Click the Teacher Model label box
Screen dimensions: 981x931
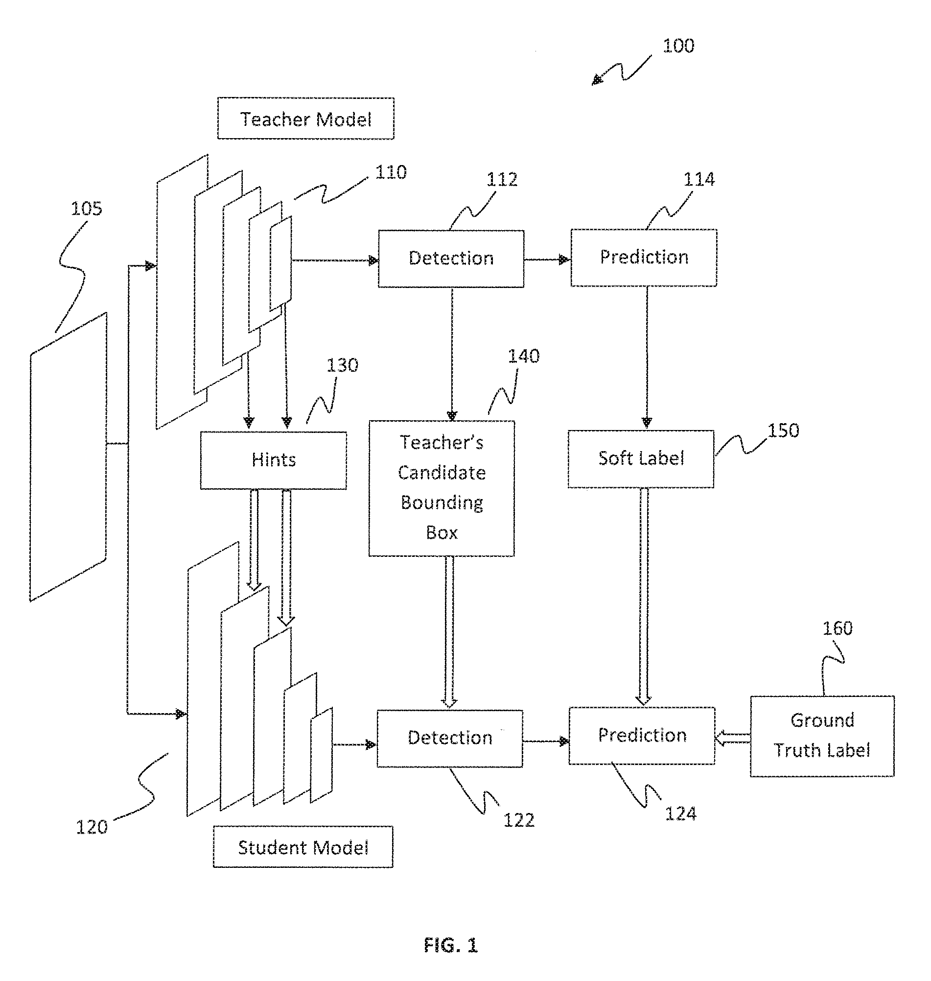pyautogui.click(x=306, y=119)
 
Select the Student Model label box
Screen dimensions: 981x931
pyautogui.click(x=303, y=847)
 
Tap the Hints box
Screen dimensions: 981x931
pyautogui.click(x=274, y=460)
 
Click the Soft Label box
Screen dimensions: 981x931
pyautogui.click(x=641, y=458)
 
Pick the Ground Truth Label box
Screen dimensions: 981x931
pyautogui.click(x=822, y=736)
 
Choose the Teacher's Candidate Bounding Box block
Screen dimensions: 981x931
pyautogui.click(x=441, y=488)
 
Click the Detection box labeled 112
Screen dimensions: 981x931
pyautogui.click(x=451, y=258)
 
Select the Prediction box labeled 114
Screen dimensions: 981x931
pyautogui.click(x=644, y=257)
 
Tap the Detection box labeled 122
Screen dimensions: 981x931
pyautogui.click(x=450, y=738)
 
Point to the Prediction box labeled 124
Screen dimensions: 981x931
pyautogui.click(x=642, y=735)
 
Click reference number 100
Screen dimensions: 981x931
pyautogui.click(x=678, y=46)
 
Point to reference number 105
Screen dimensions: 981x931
pyautogui.click(x=86, y=209)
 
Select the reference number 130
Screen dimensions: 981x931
pyautogui.click(x=342, y=365)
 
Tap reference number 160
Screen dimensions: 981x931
pyautogui.click(x=837, y=628)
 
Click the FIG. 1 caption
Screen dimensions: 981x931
pyautogui.click(x=451, y=945)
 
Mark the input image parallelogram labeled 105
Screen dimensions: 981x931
pyautogui.click(x=69, y=457)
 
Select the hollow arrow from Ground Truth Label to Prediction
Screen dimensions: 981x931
pyautogui.click(x=732, y=738)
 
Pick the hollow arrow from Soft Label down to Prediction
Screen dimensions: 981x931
pyautogui.click(x=644, y=596)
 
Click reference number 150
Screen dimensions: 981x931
pyautogui.click(x=784, y=431)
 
